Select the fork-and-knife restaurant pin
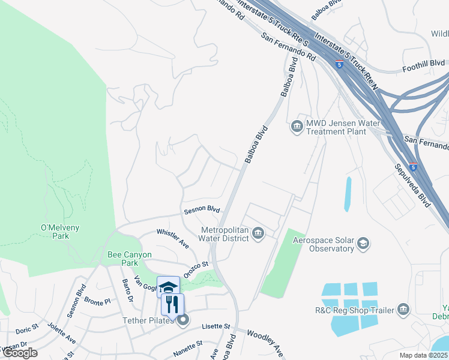click(x=172, y=304)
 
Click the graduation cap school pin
click(x=169, y=286)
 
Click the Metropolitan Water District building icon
click(x=258, y=233)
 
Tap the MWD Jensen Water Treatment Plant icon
click(x=297, y=126)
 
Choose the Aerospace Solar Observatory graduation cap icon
click(x=363, y=244)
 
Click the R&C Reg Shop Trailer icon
click(x=403, y=310)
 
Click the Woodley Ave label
click(x=265, y=342)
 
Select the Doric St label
click(x=27, y=329)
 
